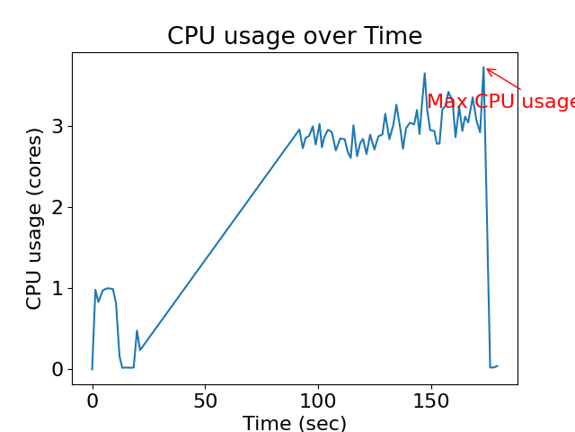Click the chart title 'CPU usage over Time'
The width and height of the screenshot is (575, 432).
click(295, 36)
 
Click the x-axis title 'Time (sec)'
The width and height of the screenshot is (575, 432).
click(295, 423)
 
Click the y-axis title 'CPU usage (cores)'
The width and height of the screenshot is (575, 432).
click(34, 219)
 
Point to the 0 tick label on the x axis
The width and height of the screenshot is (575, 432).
click(93, 400)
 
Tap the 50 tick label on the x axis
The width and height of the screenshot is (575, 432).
click(205, 400)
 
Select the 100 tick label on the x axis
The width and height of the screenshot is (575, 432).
click(317, 400)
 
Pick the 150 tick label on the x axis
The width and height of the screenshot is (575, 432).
click(430, 400)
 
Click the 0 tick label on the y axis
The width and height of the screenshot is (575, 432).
click(58, 370)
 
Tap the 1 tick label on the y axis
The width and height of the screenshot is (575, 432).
click(58, 289)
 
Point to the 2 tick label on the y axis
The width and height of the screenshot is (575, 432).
click(58, 208)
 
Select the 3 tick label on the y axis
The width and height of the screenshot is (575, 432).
click(58, 126)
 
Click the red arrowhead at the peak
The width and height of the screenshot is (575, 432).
click(488, 69)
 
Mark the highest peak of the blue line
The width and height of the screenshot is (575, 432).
click(483, 67)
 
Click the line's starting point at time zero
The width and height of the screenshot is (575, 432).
click(93, 369)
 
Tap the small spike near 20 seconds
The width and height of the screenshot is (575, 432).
click(137, 331)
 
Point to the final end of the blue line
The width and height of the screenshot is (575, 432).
click(498, 365)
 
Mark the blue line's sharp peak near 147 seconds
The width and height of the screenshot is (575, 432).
click(425, 74)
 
